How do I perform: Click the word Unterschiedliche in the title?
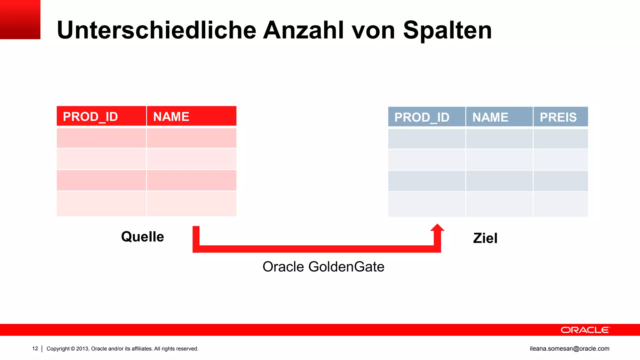(x=156, y=30)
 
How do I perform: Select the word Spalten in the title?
(x=447, y=30)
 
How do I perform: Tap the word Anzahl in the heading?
(x=304, y=30)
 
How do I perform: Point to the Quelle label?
(x=142, y=237)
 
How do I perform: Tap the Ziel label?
(x=485, y=238)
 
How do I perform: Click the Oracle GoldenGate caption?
(x=323, y=267)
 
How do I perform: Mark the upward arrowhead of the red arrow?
(x=437, y=228)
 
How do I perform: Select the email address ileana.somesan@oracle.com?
(x=569, y=348)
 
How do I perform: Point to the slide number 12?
(x=35, y=348)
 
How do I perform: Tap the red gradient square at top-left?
(x=20, y=19)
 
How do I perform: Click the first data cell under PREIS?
(x=561, y=139)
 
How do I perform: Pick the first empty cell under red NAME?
(x=192, y=138)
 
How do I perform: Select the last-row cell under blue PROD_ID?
(x=427, y=204)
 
